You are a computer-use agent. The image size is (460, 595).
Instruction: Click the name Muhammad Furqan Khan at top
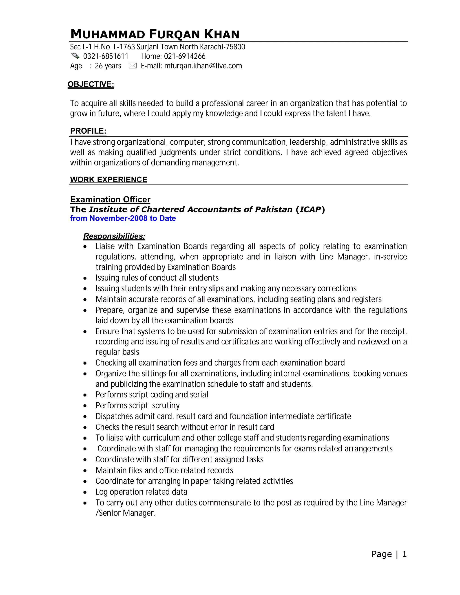click(x=155, y=34)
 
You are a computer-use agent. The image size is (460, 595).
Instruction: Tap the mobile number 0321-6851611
click(x=106, y=56)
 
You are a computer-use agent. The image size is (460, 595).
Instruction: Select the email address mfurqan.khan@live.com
click(x=203, y=66)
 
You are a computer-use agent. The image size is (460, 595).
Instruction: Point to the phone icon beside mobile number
click(x=75, y=56)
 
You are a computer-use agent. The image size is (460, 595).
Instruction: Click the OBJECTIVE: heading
click(x=91, y=84)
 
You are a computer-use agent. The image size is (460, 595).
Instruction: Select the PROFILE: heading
click(x=88, y=131)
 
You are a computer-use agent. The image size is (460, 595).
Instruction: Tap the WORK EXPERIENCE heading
click(x=108, y=180)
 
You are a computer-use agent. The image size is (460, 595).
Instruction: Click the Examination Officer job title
click(x=110, y=199)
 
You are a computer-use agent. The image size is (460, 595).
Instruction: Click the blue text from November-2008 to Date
click(x=123, y=218)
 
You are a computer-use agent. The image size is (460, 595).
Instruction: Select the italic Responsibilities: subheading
click(x=114, y=236)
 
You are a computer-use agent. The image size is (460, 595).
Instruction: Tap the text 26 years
click(x=108, y=66)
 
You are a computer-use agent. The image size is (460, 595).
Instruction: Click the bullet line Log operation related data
click(x=141, y=492)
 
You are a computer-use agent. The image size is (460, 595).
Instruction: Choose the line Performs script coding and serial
click(x=152, y=395)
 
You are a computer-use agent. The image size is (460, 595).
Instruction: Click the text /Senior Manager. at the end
click(x=125, y=513)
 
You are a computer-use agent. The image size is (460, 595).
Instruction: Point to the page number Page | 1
click(x=389, y=554)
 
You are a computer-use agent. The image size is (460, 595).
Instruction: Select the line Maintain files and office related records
click(x=164, y=470)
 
